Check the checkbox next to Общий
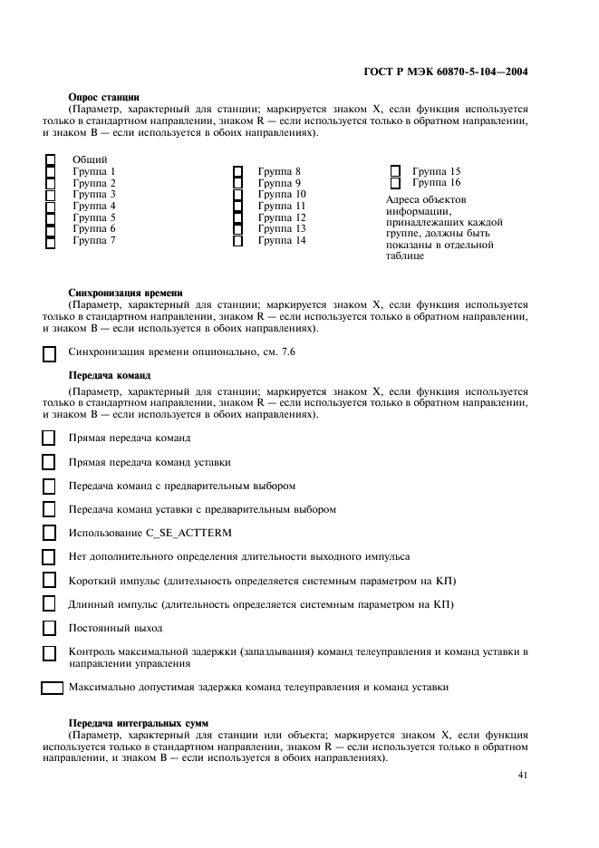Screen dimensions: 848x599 pos(51,159)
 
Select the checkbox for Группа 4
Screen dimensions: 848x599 pos(51,207)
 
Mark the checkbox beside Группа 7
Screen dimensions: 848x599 pos(51,241)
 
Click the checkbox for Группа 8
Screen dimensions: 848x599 pos(237,171)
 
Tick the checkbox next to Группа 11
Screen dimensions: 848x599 pos(237,207)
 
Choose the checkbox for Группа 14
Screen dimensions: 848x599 pos(237,241)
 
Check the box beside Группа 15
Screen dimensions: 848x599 pos(395,171)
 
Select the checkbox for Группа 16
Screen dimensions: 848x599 pos(395,183)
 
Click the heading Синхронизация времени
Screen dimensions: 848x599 pos(126,294)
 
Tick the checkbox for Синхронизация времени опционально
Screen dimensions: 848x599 pos(50,354)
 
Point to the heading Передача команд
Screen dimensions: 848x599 pos(109,375)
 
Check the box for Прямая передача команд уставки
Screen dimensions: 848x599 pos(50,461)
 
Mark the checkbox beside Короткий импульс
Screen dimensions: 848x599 pos(50,580)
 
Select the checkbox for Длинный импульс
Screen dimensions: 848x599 pos(50,603)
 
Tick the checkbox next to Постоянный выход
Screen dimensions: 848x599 pos(50,627)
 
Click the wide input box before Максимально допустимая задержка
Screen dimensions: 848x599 pos(53,688)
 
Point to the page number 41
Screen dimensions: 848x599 pos(523,775)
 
